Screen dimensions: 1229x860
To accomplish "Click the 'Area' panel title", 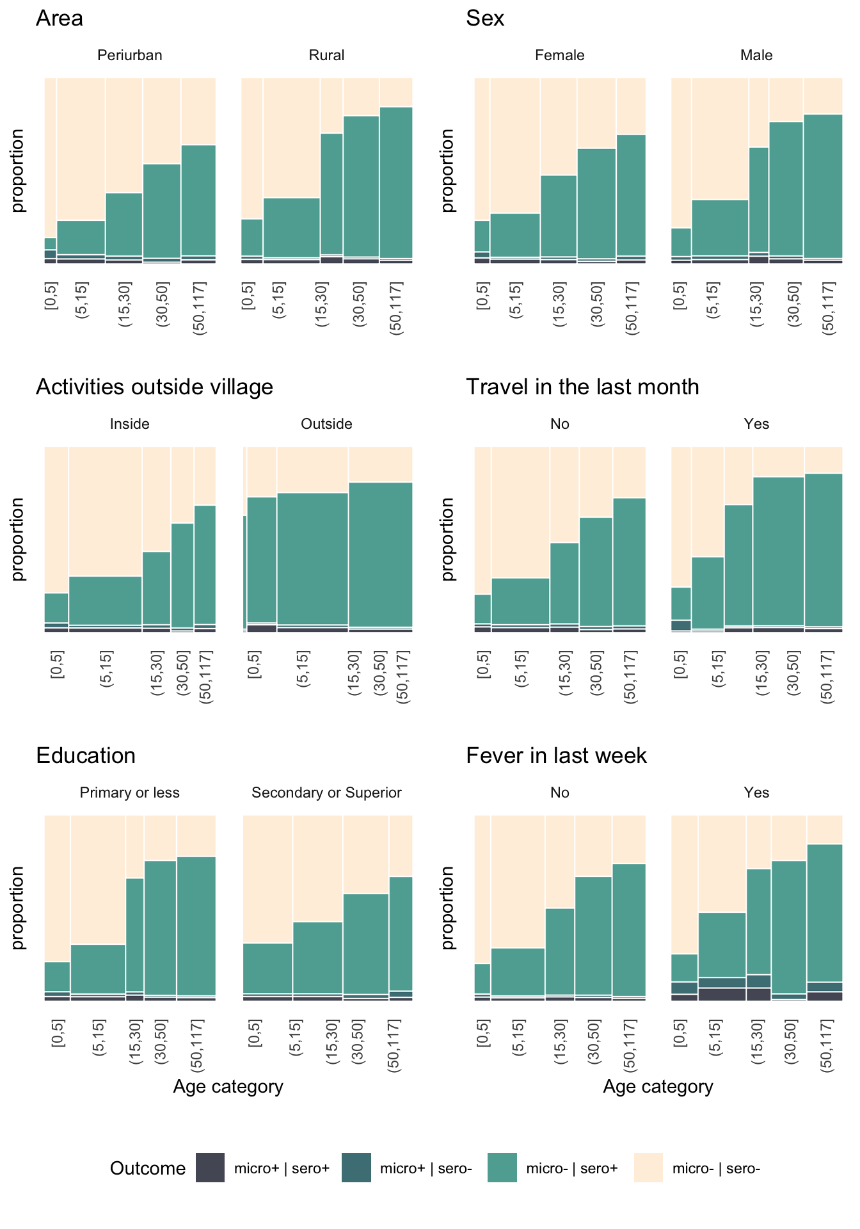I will pyautogui.click(x=60, y=19).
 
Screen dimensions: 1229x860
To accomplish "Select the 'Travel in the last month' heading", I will pyautogui.click(x=582, y=387).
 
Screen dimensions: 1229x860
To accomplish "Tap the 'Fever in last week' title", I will pyautogui.click(x=556, y=756).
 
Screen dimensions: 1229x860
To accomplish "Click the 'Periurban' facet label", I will pyautogui.click(x=130, y=56).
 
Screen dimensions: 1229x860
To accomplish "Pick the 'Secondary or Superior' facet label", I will pyautogui.click(x=326, y=793).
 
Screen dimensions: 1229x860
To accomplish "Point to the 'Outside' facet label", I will pyautogui.click(x=326, y=424).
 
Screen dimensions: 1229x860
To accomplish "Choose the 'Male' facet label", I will pyautogui.click(x=756, y=56).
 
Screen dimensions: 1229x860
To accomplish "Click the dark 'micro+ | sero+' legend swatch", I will pyautogui.click(x=210, y=1168).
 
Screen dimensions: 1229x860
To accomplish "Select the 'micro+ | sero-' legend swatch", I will pyautogui.click(x=356, y=1168).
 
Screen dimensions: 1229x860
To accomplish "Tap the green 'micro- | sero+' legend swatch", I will pyautogui.click(x=502, y=1168).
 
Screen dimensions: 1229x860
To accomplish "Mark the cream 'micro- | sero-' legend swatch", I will pyautogui.click(x=648, y=1168).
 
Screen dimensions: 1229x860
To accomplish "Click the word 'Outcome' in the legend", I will pyautogui.click(x=148, y=1169).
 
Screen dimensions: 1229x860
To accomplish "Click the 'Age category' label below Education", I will pyautogui.click(x=228, y=1087).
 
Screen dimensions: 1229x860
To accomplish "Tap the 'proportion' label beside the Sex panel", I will pyautogui.click(x=448, y=170).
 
